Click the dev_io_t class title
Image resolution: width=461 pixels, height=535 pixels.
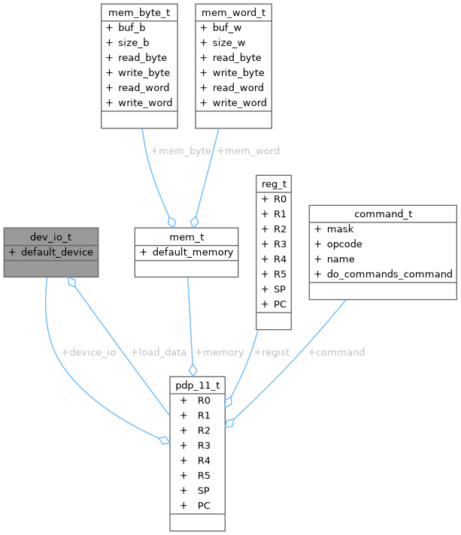point(49,236)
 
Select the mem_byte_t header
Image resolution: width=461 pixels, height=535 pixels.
point(139,12)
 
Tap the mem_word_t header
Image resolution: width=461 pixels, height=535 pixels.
point(233,12)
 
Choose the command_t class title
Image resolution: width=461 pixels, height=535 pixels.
point(383,213)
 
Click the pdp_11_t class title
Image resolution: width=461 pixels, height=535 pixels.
point(198,385)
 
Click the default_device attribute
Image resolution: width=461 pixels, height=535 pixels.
point(56,251)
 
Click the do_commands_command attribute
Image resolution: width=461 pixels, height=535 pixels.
point(390,274)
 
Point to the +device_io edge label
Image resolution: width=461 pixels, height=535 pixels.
point(88,352)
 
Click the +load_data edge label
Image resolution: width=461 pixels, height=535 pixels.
point(158,352)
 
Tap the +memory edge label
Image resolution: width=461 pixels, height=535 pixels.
point(219,352)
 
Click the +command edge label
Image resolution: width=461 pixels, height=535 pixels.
point(336,352)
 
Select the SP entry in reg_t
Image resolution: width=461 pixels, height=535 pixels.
point(279,289)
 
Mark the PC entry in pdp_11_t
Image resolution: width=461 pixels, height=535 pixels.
point(204,505)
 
